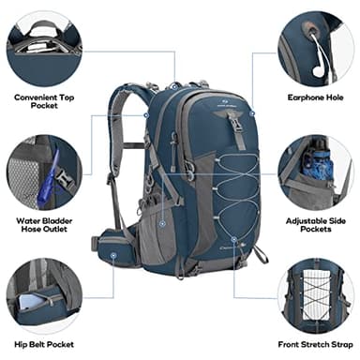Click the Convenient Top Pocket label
click(x=43, y=101)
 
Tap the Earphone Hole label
click(x=316, y=96)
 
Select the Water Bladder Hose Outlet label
click(x=43, y=226)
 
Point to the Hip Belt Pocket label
click(x=44, y=345)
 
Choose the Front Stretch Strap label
click(x=314, y=345)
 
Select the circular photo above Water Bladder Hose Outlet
click(x=43, y=172)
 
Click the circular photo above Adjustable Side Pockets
click(x=315, y=172)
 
